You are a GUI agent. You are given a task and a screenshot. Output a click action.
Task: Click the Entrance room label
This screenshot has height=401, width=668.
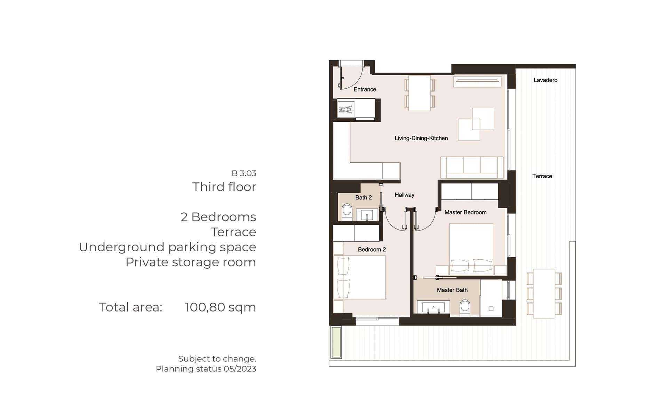point(365,89)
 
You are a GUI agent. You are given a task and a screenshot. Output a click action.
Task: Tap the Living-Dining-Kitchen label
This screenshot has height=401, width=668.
point(421,138)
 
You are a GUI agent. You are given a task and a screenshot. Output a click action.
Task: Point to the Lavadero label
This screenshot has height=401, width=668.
point(545,80)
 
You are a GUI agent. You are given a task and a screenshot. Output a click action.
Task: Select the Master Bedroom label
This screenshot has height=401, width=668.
point(465,212)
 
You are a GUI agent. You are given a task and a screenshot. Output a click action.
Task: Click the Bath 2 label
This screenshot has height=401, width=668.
point(364,198)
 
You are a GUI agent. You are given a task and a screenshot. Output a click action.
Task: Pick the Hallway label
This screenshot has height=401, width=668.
point(404,195)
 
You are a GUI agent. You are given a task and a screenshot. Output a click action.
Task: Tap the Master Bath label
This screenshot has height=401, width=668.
point(452,290)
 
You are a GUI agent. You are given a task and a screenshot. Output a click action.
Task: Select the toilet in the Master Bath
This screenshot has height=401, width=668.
point(465,308)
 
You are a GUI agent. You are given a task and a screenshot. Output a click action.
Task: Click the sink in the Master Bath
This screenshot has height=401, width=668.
point(434,308)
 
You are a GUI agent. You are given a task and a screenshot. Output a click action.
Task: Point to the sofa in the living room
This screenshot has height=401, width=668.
point(472,167)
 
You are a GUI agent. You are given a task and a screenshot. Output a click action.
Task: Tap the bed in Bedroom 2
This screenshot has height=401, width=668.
point(359,277)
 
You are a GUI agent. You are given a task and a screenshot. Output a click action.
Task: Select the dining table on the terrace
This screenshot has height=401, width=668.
point(544,293)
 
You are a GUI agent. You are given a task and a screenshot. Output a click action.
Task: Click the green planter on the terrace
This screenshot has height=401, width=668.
point(336,342)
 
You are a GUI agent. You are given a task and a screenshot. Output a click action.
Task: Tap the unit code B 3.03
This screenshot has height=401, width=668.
point(244,173)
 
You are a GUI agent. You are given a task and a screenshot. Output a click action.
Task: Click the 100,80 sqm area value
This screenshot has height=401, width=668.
point(220,307)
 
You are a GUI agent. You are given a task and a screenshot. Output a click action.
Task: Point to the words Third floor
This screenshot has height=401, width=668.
point(224,187)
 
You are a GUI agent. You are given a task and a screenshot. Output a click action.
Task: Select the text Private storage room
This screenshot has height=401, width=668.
point(191,262)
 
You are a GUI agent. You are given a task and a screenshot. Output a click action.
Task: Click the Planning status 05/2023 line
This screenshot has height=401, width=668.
point(206,369)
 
